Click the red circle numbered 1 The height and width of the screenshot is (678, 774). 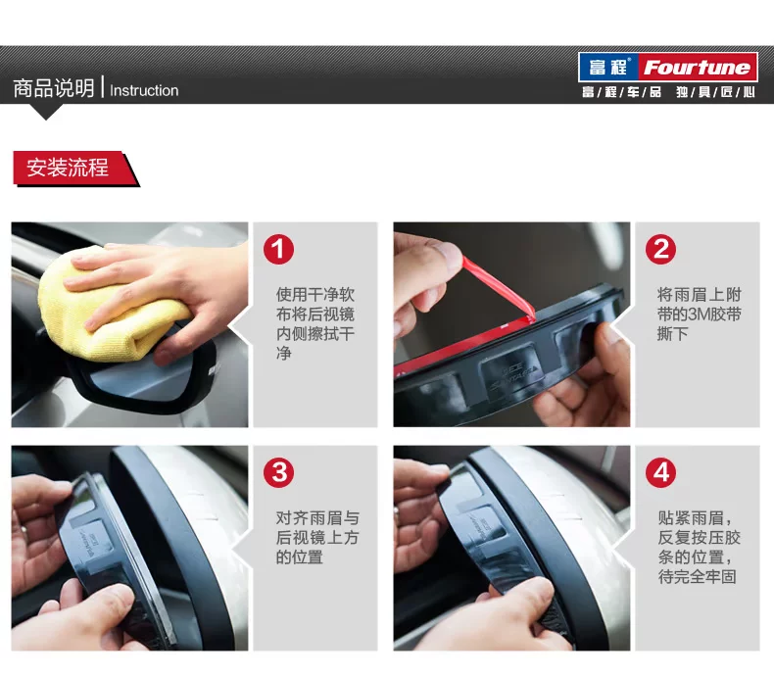278,249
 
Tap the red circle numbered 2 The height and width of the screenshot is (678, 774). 661,249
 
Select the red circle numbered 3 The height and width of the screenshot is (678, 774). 278,472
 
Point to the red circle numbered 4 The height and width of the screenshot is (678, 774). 661,472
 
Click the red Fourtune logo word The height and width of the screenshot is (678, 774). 697,68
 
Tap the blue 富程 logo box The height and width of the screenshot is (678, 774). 609,68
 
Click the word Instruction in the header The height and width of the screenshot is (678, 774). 144,90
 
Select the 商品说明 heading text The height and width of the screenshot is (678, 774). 54,88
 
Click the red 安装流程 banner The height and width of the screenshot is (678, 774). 74,169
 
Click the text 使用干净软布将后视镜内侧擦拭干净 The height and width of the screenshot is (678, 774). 314,324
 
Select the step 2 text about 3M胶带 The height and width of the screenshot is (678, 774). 699,315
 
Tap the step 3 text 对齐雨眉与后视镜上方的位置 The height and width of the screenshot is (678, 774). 317,537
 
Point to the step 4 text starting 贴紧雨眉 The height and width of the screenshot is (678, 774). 699,547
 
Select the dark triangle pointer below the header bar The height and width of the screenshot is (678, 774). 46,111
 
